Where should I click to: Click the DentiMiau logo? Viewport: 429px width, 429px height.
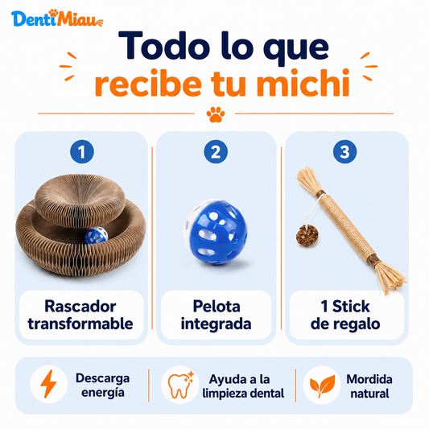pyautogui.click(x=57, y=18)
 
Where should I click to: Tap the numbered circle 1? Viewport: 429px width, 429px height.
pyautogui.click(x=82, y=151)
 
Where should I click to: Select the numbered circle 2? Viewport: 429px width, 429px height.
pyautogui.click(x=216, y=151)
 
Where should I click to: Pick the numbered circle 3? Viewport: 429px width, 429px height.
pyautogui.click(x=344, y=151)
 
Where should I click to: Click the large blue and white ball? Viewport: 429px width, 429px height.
pyautogui.click(x=216, y=232)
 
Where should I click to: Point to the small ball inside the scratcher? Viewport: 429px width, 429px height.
pyautogui.click(x=97, y=235)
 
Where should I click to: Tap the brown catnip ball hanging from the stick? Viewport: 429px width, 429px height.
pyautogui.click(x=307, y=235)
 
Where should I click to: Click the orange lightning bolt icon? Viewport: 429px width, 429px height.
pyautogui.click(x=48, y=384)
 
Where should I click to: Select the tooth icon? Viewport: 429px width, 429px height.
pyautogui.click(x=180, y=385)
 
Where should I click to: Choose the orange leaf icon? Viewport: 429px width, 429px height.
pyautogui.click(x=322, y=386)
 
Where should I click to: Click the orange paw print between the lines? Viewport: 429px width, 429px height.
pyautogui.click(x=216, y=114)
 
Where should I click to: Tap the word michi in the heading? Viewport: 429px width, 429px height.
pyautogui.click(x=303, y=83)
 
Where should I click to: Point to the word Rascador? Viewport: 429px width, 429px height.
pyautogui.click(x=80, y=306)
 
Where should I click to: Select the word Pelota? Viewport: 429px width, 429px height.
pyautogui.click(x=217, y=306)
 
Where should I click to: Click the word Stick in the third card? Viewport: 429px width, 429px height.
pyautogui.click(x=351, y=306)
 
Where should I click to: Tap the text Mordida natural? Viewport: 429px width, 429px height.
pyautogui.click(x=369, y=386)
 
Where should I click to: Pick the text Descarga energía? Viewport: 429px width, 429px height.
pyautogui.click(x=102, y=386)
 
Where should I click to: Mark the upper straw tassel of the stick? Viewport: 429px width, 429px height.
pyautogui.click(x=309, y=179)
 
